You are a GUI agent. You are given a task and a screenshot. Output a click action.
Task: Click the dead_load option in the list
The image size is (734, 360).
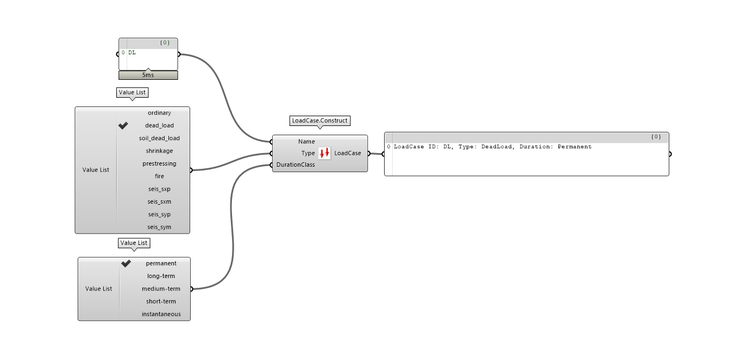pyautogui.click(x=159, y=125)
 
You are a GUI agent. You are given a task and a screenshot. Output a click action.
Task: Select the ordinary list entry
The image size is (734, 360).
pyautogui.click(x=159, y=113)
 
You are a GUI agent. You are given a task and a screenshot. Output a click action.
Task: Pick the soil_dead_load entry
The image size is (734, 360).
pyautogui.click(x=159, y=138)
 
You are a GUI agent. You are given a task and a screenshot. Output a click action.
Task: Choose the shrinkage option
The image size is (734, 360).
pyautogui.click(x=159, y=151)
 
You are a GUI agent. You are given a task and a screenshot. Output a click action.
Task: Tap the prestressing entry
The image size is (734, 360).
pyautogui.click(x=159, y=163)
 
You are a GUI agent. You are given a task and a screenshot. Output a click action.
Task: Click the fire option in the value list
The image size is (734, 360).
pyautogui.click(x=159, y=176)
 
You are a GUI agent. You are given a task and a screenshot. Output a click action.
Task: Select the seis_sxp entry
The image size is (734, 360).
pyautogui.click(x=159, y=189)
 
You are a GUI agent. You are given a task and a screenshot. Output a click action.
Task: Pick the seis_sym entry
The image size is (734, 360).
pyautogui.click(x=159, y=227)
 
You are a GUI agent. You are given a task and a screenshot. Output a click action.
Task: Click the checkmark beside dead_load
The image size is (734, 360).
pyautogui.click(x=123, y=125)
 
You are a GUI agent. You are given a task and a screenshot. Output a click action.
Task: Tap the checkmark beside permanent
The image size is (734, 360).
pyautogui.click(x=126, y=263)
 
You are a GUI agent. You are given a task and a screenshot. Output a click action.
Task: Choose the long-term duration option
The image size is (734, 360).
pyautogui.click(x=161, y=276)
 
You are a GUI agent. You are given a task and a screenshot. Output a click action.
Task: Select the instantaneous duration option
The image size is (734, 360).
pyautogui.click(x=161, y=314)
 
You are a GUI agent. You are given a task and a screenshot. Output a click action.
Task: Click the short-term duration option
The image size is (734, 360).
pyautogui.click(x=161, y=301)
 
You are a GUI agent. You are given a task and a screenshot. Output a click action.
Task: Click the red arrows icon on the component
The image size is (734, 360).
pyautogui.click(x=324, y=153)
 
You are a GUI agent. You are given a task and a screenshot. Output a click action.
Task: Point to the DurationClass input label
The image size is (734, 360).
pyautogui.click(x=296, y=165)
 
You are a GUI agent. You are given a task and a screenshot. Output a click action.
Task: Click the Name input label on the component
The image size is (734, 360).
pyautogui.click(x=306, y=142)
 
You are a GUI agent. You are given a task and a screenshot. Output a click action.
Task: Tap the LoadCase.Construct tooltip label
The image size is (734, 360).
pyautogui.click(x=319, y=120)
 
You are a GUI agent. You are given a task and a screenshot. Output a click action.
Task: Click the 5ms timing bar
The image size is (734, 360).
pyautogui.click(x=148, y=75)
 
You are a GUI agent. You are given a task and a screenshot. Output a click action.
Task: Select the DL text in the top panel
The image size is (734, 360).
pyautogui.click(x=132, y=53)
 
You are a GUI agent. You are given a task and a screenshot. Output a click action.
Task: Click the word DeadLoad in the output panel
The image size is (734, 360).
pyautogui.click(x=496, y=147)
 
